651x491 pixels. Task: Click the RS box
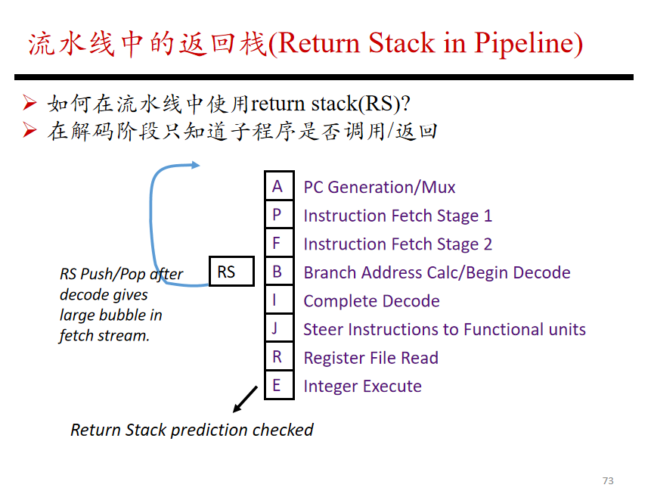click(231, 272)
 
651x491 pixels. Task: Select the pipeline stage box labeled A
click(279, 185)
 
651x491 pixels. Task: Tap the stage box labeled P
click(279, 214)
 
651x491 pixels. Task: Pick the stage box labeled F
click(279, 243)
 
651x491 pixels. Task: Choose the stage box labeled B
click(279, 272)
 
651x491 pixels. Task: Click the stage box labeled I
click(279, 300)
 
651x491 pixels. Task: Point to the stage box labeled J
click(279, 328)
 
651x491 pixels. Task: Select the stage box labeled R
click(279, 356)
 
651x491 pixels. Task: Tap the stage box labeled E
click(279, 385)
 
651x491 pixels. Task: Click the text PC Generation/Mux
click(380, 188)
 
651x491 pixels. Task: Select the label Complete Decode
click(371, 301)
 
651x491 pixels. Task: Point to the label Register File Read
click(370, 358)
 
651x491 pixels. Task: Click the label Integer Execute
click(362, 387)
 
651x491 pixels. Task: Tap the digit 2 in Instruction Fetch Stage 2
click(488, 244)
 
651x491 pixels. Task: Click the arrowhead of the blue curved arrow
click(196, 165)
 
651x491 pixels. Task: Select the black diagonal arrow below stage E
click(245, 399)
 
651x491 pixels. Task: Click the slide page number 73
click(608, 480)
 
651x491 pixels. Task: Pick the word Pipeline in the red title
click(525, 43)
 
